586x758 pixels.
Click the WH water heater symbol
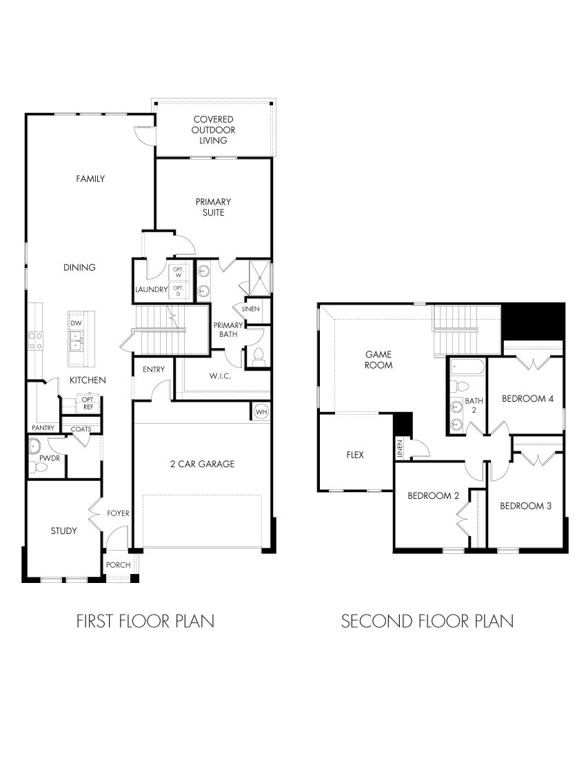(261, 411)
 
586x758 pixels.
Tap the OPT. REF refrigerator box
(88, 403)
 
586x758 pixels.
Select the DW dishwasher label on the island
(76, 322)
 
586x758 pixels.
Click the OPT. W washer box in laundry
(177, 272)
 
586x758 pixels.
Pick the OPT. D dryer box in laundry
(177, 291)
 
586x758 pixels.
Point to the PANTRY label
(43, 428)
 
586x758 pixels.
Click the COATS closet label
(81, 429)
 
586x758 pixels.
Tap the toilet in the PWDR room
(39, 467)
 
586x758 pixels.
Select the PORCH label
(118, 565)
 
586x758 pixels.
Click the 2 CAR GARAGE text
(203, 464)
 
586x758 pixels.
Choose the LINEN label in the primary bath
(251, 309)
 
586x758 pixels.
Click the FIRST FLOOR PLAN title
(145, 621)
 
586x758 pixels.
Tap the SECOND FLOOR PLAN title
(427, 621)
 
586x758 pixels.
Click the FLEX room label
(355, 455)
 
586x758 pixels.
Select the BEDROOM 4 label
(527, 398)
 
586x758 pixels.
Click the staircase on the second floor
(454, 321)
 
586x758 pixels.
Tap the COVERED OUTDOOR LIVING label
(213, 130)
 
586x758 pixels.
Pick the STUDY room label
(63, 531)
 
